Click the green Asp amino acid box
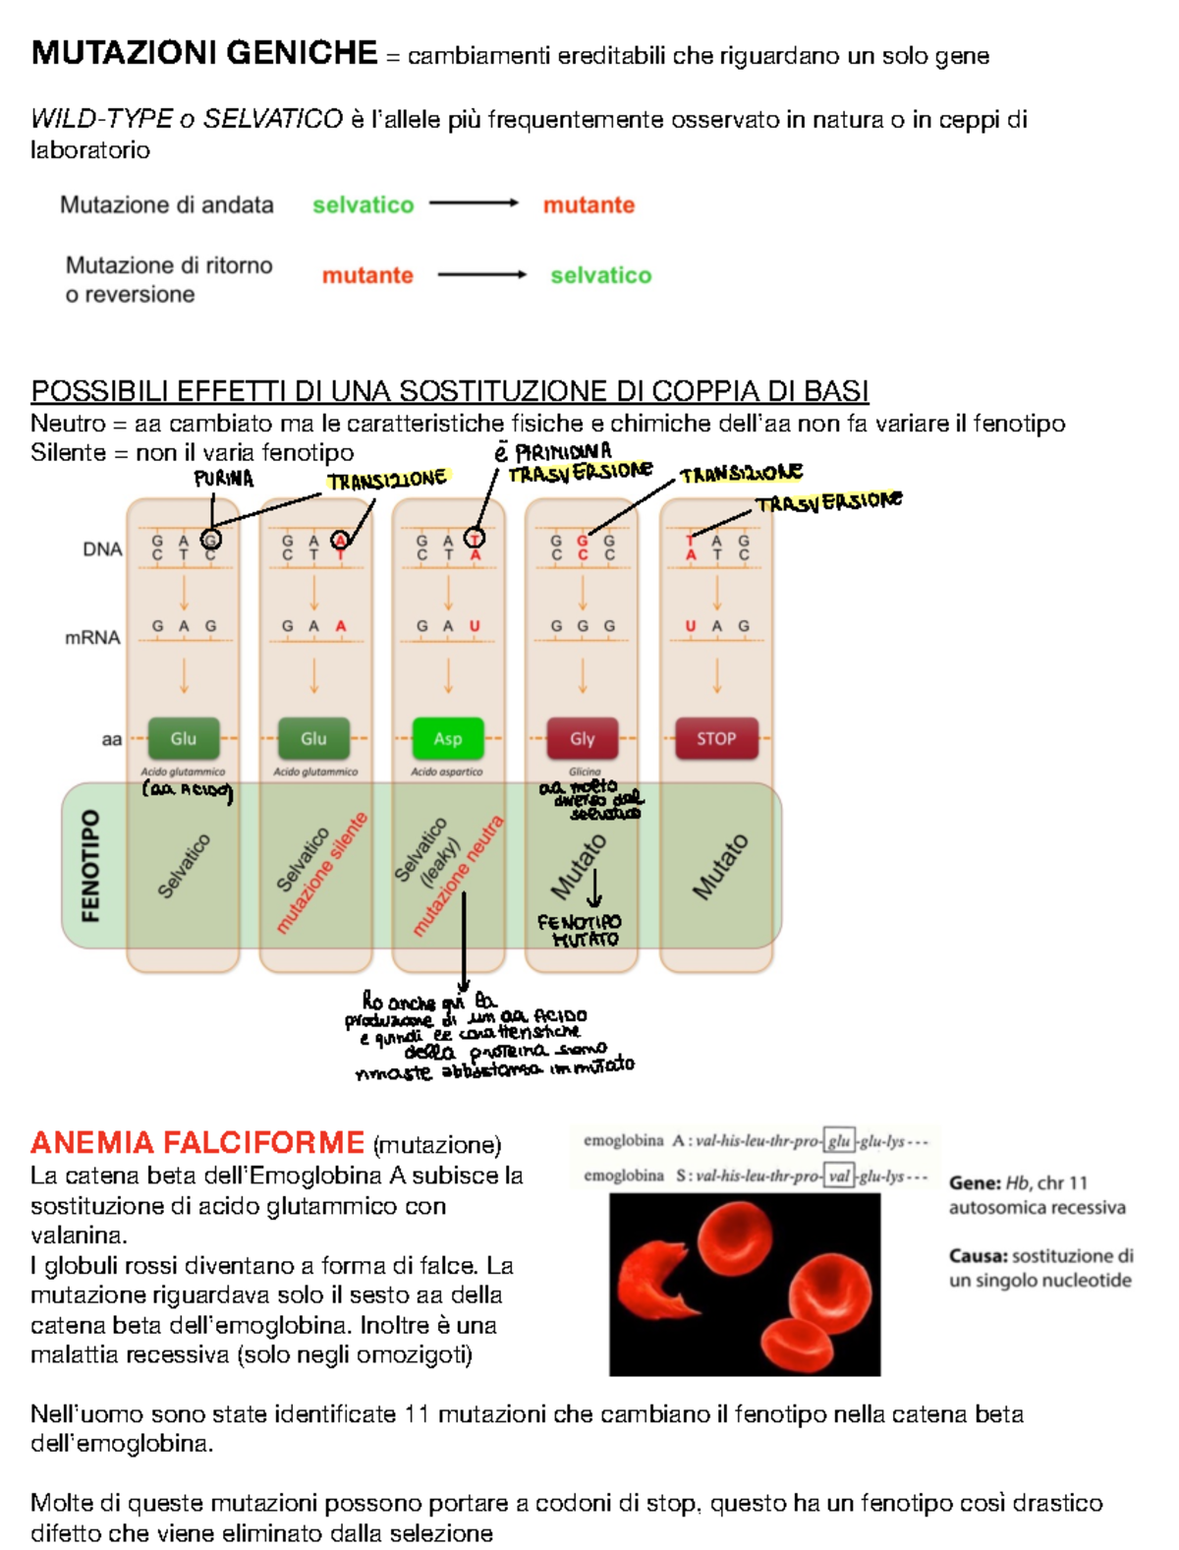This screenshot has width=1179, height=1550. pos(448,738)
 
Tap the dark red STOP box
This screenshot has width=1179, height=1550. pos(716,738)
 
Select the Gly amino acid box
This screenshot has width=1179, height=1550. pos(583,738)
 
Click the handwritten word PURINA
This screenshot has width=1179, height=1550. pos(224,479)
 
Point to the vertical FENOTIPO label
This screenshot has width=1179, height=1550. pos(90,865)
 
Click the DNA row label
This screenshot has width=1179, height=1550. pos(102,549)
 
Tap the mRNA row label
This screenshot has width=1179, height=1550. pos(92,637)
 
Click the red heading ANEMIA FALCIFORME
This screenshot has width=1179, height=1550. pos(197,1142)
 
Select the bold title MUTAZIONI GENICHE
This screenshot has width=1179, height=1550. pos(204,52)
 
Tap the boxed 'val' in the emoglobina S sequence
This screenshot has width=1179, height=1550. pos(839,1176)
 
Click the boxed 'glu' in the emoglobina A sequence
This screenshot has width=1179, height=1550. pos(839,1141)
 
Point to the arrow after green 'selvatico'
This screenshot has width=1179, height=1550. pos(474,203)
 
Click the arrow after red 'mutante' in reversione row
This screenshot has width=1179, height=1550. pos(481,275)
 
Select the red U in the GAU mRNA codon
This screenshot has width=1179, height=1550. pos(475,626)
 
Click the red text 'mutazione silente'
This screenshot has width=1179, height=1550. pos(322,873)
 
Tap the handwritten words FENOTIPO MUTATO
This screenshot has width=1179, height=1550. pos(580,930)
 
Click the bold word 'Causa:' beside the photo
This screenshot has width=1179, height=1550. pos(978,1255)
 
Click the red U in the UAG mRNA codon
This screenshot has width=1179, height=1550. pos(691,626)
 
